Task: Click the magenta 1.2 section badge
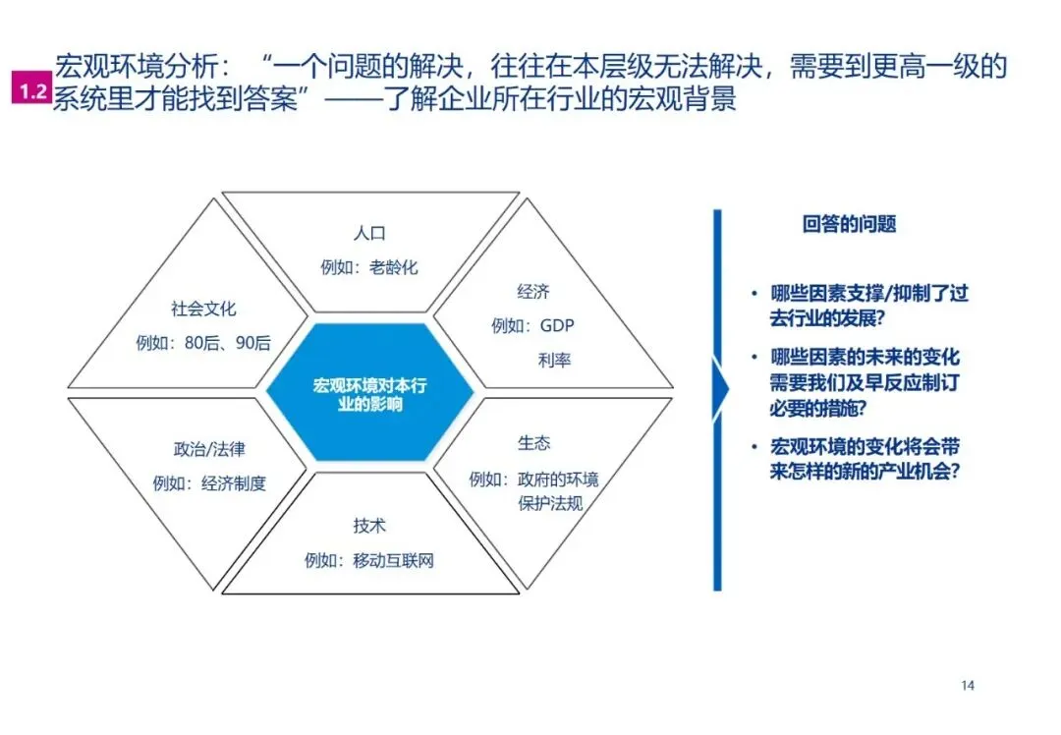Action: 29,91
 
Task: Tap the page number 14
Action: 967,685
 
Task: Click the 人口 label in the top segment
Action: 369,234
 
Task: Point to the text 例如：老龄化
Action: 369,267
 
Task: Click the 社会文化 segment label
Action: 203,309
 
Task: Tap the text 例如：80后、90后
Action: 203,344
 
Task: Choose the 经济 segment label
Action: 533,292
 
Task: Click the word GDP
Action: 556,325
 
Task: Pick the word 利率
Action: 555,360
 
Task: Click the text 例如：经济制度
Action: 209,483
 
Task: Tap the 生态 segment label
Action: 533,443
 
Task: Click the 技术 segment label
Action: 369,526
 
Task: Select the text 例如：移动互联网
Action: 369,561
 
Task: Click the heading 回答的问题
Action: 849,224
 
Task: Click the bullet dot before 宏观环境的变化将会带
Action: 754,447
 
